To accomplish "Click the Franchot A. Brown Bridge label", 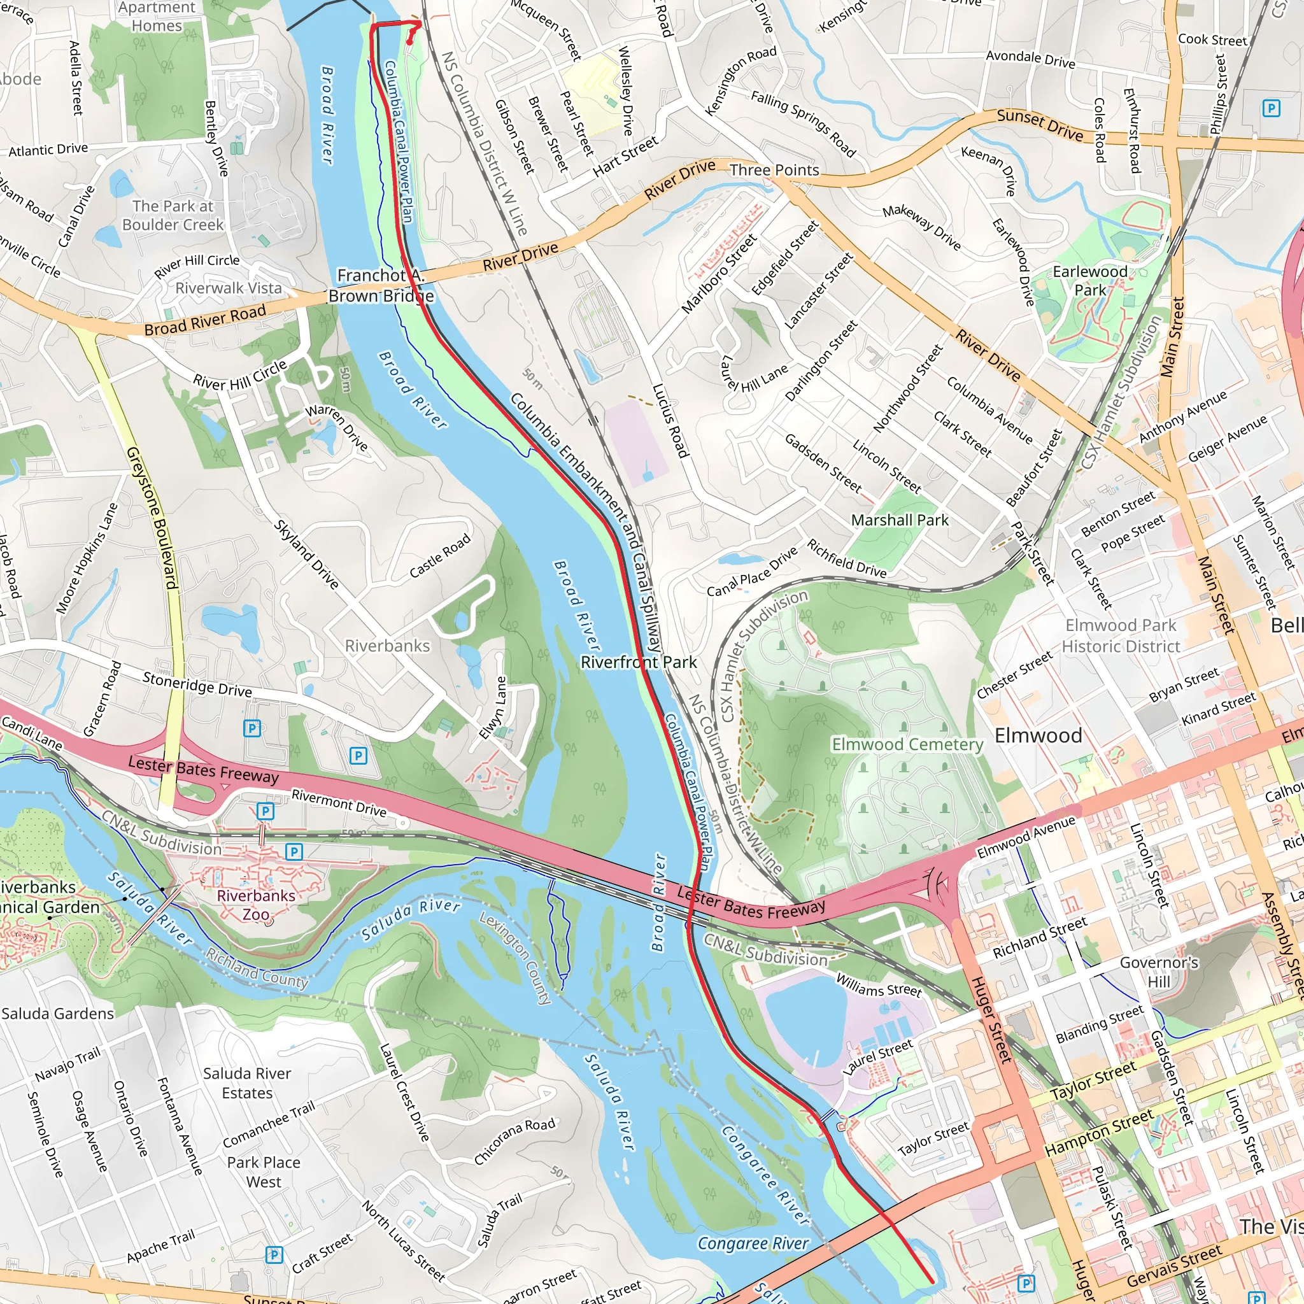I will coord(381,285).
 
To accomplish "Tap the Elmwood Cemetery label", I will coord(907,744).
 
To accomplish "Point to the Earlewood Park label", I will coord(1090,280).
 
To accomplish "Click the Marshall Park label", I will coord(900,520).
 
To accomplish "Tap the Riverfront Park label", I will coord(639,662).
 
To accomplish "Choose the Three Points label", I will coord(774,170).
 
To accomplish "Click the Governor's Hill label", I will coord(1159,971).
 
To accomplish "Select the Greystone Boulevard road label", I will coord(153,518).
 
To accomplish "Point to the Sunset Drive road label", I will coord(1040,125).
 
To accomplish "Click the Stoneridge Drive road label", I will coord(197,684).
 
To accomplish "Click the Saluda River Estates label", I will coord(247,1082).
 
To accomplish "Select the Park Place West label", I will coord(263,1172).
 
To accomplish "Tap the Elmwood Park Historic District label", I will coord(1121,635).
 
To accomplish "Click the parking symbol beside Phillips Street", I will coord(1271,108).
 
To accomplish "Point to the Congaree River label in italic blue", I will coord(753,1244).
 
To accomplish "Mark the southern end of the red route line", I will coord(932,1280).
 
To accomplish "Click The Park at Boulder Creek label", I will coord(173,215).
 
